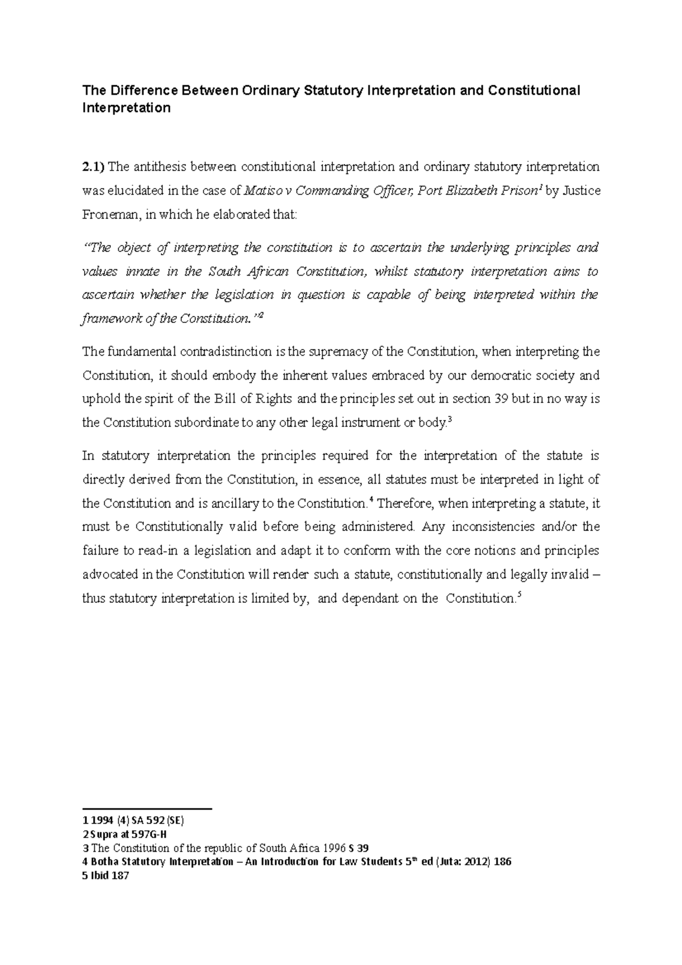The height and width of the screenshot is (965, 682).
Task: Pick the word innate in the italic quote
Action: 142,272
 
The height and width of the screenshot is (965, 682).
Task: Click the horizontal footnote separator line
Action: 147,808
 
